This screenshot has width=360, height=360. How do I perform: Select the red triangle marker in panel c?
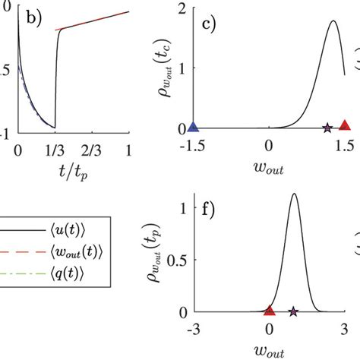pos(345,126)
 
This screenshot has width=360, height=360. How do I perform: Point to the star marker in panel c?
pos(327,128)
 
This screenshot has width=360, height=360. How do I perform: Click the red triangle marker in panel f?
pos(269,310)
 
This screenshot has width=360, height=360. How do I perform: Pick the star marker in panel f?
pos(294,311)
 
